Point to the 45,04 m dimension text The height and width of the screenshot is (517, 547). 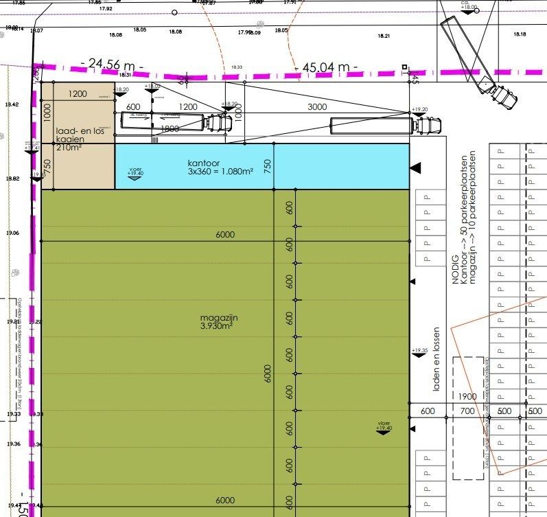click(x=326, y=67)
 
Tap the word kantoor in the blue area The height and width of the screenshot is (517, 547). click(x=203, y=163)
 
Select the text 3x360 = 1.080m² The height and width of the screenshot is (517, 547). click(x=216, y=171)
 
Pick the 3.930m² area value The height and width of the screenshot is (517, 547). click(x=217, y=326)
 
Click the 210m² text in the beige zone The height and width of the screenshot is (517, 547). click(x=70, y=147)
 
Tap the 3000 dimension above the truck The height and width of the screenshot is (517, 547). click(x=317, y=107)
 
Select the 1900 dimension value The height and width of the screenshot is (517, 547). click(x=468, y=397)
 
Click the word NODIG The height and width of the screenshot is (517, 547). click(x=454, y=268)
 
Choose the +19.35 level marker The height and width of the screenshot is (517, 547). click(x=419, y=352)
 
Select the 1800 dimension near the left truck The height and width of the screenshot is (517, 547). click(x=170, y=128)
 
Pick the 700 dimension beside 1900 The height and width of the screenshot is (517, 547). click(x=467, y=411)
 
